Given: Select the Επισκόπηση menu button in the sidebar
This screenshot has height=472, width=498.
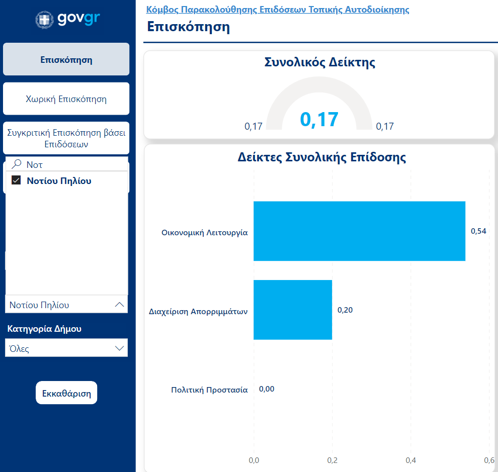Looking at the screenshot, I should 66,60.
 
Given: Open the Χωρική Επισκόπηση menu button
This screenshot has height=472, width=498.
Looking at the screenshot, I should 66,99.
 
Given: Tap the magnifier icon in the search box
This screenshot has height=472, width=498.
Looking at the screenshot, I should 17,164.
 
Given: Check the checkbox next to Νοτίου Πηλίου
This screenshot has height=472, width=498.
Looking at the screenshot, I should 16,181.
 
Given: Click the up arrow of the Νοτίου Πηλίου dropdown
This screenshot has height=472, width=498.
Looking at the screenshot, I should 119,305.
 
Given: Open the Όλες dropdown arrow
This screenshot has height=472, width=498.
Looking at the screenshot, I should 119,348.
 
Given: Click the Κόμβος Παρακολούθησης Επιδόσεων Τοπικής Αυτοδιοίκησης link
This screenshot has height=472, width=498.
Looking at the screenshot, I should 277,10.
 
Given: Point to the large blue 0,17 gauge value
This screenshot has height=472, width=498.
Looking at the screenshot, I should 319,120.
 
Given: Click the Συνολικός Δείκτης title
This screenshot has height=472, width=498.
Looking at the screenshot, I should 319,62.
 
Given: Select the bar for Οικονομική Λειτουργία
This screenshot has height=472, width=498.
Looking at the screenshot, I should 359,231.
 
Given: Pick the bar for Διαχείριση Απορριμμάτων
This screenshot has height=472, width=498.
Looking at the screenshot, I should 293,310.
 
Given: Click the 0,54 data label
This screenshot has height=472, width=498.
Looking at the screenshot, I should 478,231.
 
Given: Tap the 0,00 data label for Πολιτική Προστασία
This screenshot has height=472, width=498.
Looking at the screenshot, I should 267,389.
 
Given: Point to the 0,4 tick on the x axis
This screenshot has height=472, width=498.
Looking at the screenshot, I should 411,460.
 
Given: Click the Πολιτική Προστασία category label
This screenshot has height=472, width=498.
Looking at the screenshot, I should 209,390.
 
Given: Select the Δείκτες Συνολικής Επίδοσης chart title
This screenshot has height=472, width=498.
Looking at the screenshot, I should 322,157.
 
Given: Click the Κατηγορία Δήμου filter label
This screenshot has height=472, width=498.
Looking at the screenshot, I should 44,329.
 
